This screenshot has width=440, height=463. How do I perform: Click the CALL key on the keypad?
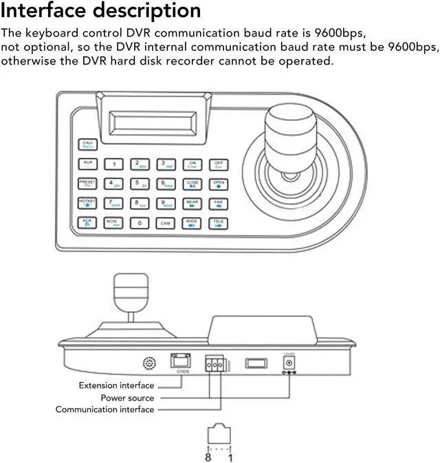[x=88, y=144]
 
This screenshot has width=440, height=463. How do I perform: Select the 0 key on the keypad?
[x=140, y=223]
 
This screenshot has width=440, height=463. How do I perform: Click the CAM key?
[x=166, y=223]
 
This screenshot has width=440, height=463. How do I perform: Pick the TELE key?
[x=218, y=223]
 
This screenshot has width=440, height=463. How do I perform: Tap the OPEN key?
[x=218, y=183]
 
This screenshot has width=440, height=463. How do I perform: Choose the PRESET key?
[x=88, y=183]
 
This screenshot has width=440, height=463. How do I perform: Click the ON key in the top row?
[x=192, y=163]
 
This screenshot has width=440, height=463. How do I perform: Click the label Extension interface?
[x=116, y=385]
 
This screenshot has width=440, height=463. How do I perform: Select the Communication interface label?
[x=104, y=409]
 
